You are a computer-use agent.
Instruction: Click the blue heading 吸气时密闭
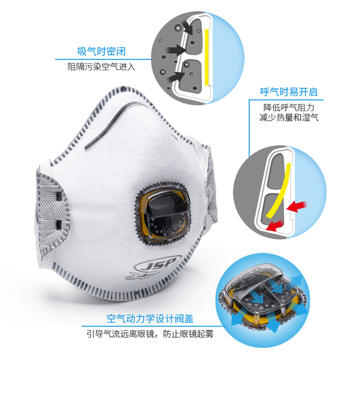pos(102,51)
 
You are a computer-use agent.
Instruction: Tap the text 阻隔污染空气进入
pos(102,67)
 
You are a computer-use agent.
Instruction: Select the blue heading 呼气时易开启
pos(289,92)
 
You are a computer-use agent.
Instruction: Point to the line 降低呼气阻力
pos(289,108)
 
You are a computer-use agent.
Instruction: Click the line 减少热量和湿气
pos(289,118)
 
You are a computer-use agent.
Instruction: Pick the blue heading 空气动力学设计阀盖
pos(150,319)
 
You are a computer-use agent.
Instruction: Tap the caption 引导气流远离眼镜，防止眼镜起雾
pos(150,334)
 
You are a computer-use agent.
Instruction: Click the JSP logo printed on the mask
pos(158,264)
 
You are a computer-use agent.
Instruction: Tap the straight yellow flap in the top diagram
pos(207,57)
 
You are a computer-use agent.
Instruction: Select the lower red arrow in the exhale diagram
pos(274,226)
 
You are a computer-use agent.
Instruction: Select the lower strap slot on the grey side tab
pos(59,225)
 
